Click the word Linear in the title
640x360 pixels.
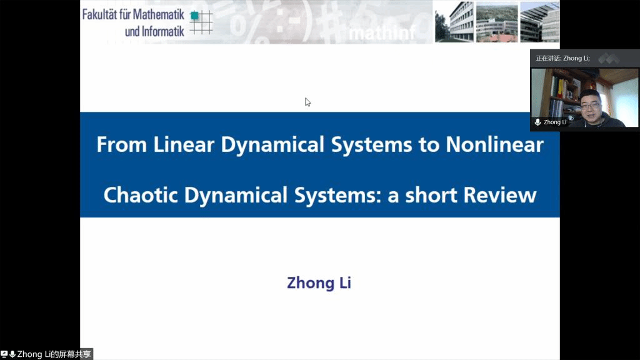tap(184, 144)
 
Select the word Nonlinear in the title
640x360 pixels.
tap(495, 144)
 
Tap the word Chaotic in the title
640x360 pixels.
tap(141, 195)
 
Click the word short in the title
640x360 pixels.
tap(431, 195)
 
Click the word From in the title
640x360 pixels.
tap(122, 144)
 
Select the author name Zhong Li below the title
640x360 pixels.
tap(319, 283)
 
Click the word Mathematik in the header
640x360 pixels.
tap(158, 15)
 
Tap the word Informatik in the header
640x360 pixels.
tap(163, 31)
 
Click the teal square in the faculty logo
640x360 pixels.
tap(195, 16)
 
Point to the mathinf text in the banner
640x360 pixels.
tap(382, 33)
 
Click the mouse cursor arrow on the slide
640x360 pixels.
tap(307, 102)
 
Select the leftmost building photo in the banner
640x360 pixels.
tap(454, 22)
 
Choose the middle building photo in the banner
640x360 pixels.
tap(497, 22)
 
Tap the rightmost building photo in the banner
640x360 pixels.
tap(539, 22)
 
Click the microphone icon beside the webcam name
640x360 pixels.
tap(538, 122)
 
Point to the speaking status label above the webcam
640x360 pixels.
tap(563, 58)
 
